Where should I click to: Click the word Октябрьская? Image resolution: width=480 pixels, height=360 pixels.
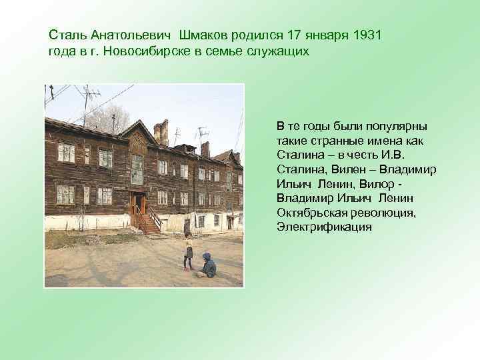coord(310,213)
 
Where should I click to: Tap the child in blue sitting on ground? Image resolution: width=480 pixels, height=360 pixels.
coord(207,265)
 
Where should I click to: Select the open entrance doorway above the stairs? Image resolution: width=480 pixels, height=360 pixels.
coord(138,202)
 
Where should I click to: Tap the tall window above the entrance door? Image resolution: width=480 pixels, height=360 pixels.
coord(137,169)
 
